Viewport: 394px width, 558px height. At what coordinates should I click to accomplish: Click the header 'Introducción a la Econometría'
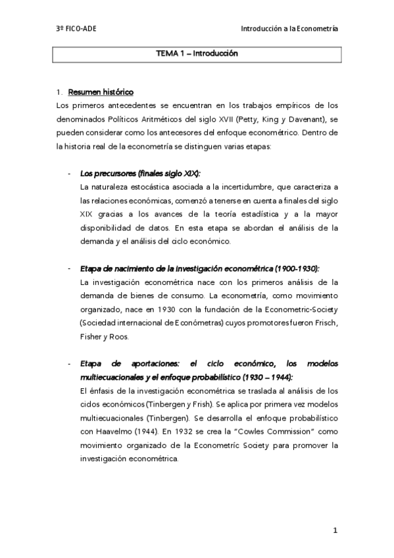coord(289,29)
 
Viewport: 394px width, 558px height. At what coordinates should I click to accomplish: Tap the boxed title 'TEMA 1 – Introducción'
coord(197,53)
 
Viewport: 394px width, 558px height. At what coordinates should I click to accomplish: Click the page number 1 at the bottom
coord(335,530)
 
